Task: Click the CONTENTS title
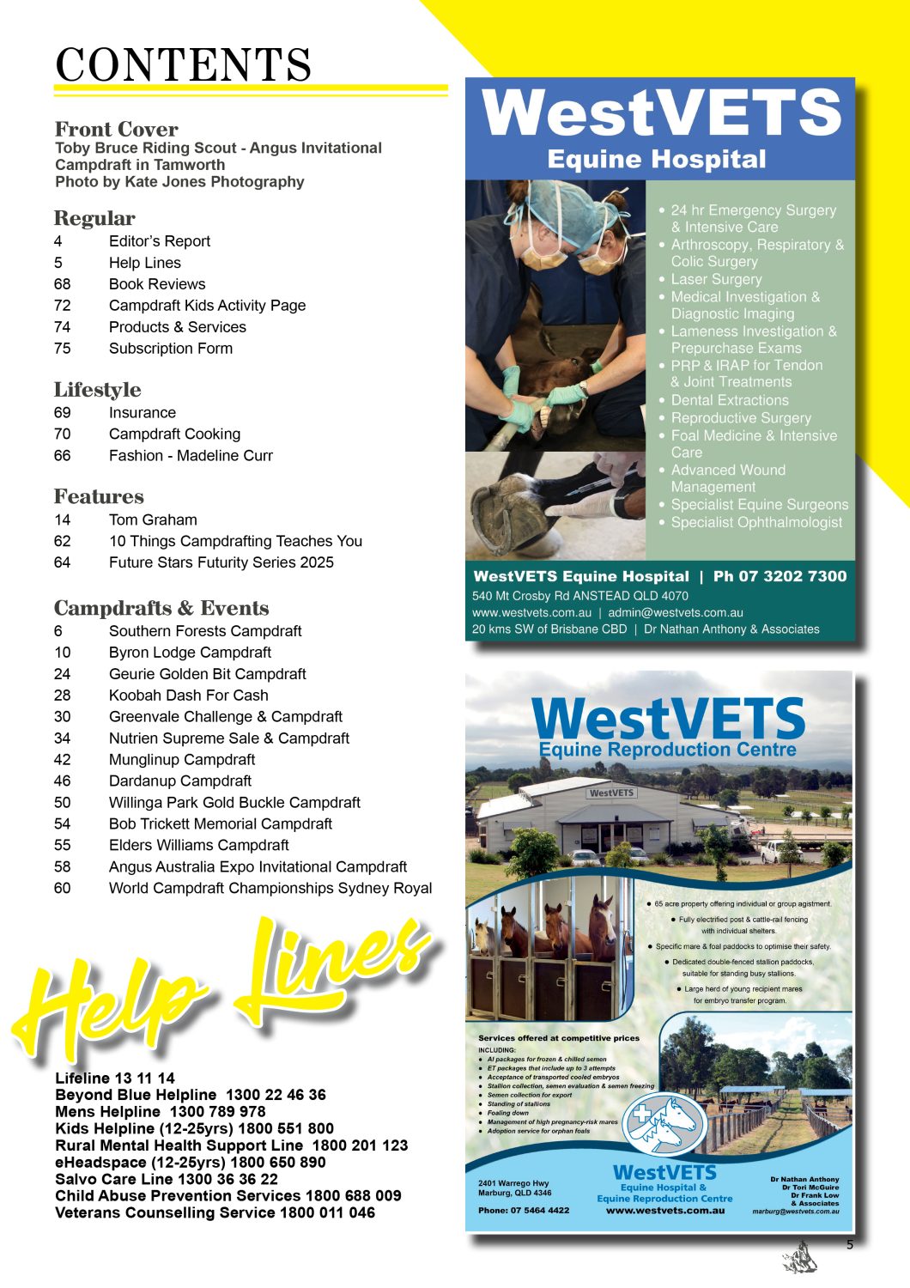[183, 64]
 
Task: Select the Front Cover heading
[117, 130]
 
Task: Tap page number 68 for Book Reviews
[63, 284]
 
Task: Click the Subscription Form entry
[170, 349]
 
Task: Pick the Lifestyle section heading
[97, 390]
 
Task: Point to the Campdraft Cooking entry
[174, 434]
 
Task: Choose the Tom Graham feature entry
[153, 520]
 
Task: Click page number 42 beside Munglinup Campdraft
[63, 760]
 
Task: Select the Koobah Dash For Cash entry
[188, 696]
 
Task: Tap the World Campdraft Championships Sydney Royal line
[270, 889]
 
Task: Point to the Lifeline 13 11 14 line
[115, 1078]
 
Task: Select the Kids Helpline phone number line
[194, 1129]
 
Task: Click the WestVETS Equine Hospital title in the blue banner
[659, 129]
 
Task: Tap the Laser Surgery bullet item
[716, 280]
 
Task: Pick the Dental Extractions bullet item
[729, 401]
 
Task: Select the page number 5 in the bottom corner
[850, 1245]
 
